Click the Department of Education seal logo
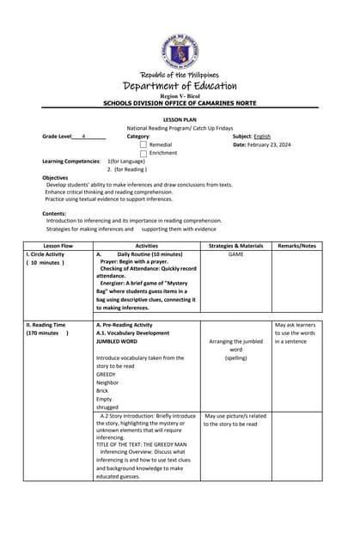(x=180, y=52)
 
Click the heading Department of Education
(x=180, y=86)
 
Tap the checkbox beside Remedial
(x=143, y=145)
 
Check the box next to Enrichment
(x=143, y=154)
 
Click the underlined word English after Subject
(x=262, y=137)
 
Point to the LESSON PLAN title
(x=180, y=119)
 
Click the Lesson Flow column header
(x=58, y=246)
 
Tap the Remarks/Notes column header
(x=296, y=246)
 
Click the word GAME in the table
(x=235, y=254)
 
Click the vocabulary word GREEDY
(x=106, y=375)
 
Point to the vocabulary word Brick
(x=103, y=391)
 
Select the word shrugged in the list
(x=108, y=407)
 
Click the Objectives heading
(x=55, y=177)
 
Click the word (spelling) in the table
(x=235, y=357)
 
